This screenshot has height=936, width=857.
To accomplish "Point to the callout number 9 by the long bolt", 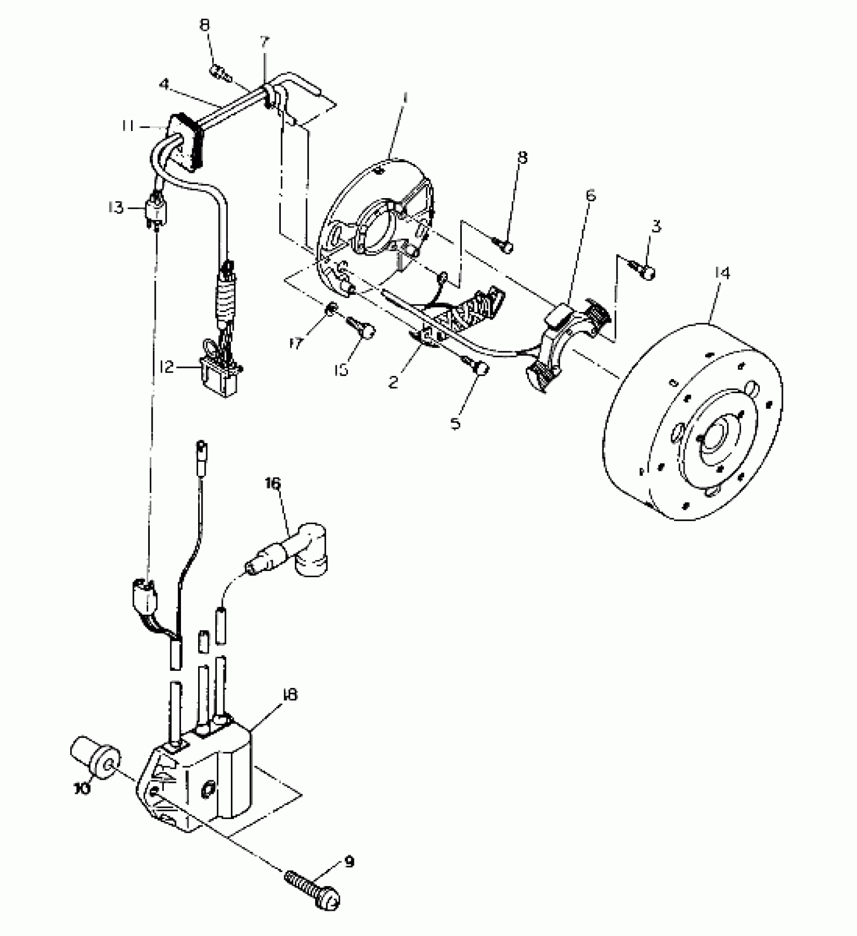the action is [x=349, y=862].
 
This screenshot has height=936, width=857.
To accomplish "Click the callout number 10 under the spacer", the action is [x=83, y=788].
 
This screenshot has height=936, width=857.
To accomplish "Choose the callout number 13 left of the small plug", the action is [x=115, y=207].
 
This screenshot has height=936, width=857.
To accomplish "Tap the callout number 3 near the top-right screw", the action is [x=655, y=226].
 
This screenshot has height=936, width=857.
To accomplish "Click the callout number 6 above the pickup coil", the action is [x=590, y=195].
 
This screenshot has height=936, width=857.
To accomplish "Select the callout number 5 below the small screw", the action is [x=455, y=423].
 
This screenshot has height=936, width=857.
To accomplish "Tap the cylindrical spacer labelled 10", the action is [x=96, y=767].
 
